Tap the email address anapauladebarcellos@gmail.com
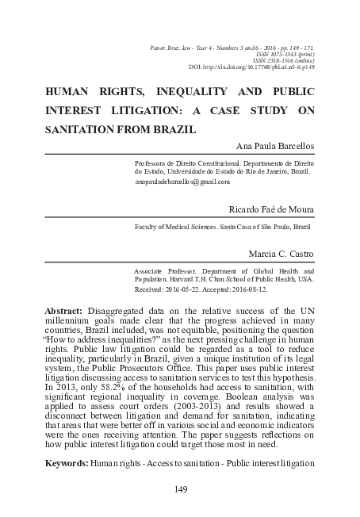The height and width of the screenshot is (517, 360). pyautogui.click(x=182, y=182)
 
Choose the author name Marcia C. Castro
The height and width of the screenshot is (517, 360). pyautogui.click(x=281, y=255)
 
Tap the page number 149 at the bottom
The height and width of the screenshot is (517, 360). pyautogui.click(x=179, y=490)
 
